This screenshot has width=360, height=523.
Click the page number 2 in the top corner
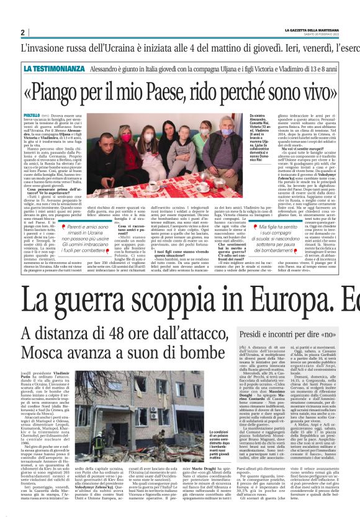pos(22,33)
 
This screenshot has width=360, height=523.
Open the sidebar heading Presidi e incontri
pos(281,334)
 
